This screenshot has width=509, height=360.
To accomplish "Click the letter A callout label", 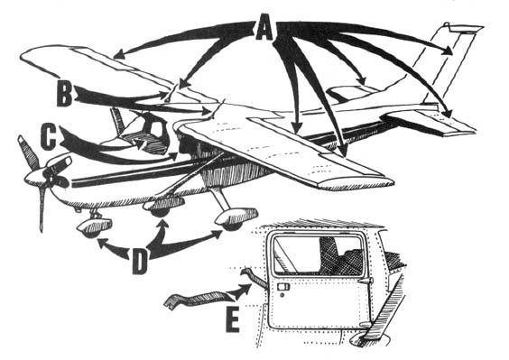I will tap(263, 31).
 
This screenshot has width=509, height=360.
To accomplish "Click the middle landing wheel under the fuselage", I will tap(163, 208).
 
